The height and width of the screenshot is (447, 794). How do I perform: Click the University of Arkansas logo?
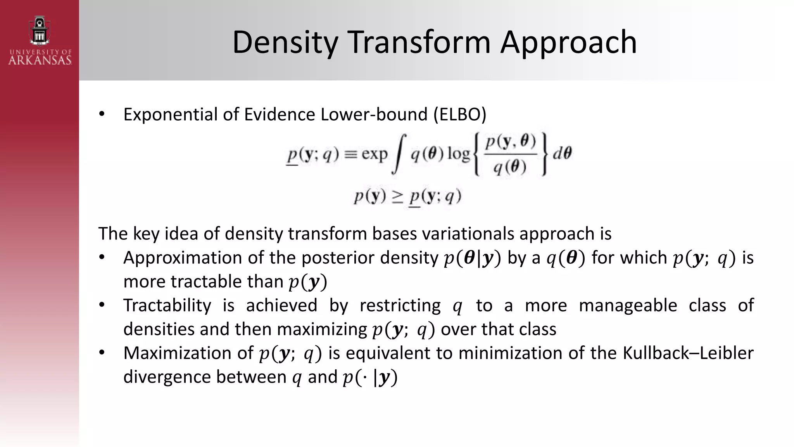click(x=40, y=40)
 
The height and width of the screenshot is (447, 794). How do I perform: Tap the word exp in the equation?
click(x=374, y=154)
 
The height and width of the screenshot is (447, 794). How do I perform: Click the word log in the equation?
click(x=458, y=154)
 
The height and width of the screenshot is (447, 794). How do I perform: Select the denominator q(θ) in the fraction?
click(x=510, y=167)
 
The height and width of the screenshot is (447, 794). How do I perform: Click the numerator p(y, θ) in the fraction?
click(x=511, y=142)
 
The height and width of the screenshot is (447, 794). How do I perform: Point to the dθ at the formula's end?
click(x=562, y=154)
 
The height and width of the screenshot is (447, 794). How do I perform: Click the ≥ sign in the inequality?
click(x=397, y=196)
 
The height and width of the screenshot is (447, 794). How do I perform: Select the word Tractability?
click(x=167, y=305)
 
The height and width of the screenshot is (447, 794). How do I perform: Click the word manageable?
click(x=628, y=305)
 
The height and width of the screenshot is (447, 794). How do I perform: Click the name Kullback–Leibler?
click(x=688, y=353)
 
